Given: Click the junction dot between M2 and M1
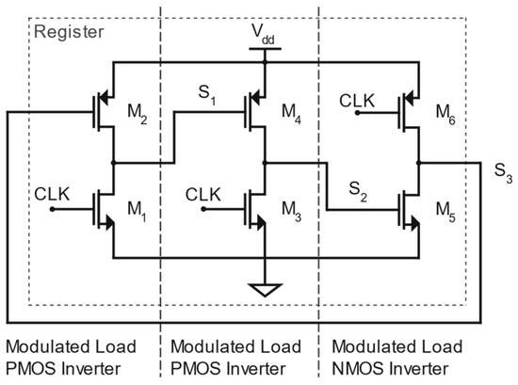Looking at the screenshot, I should coord(113,163).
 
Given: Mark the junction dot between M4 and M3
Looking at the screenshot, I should coord(266,163).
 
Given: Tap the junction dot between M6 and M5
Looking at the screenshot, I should coord(419,163).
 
